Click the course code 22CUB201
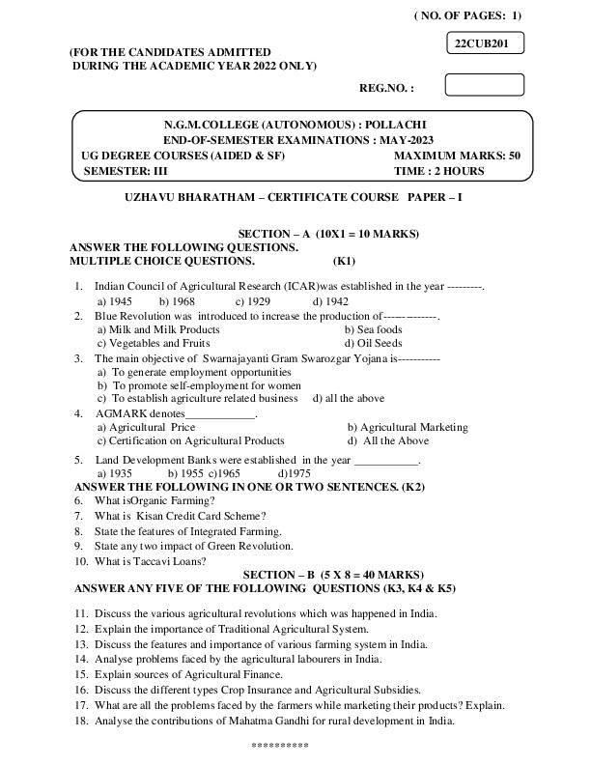click(x=485, y=43)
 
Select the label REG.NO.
click(x=386, y=88)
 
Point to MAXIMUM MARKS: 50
click(x=458, y=155)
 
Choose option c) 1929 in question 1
click(x=252, y=300)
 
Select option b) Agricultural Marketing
click(x=408, y=427)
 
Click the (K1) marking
click(x=345, y=261)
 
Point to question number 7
click(x=78, y=516)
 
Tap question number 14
click(x=80, y=659)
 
